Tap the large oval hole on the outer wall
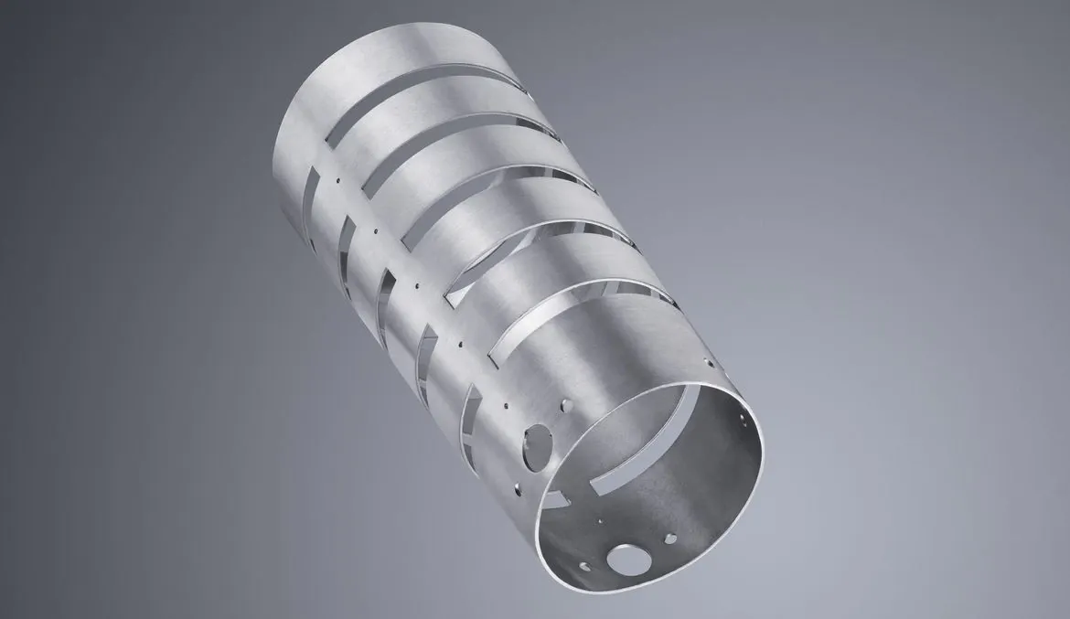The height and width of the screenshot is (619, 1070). click(533, 447)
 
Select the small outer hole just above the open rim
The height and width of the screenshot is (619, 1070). click(705, 364)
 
